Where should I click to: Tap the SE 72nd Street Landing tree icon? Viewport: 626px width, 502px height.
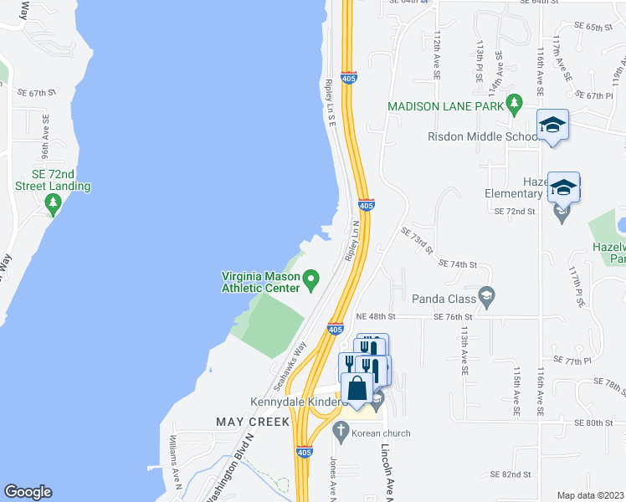point(54,202)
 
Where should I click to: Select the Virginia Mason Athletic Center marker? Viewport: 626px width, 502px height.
point(311,277)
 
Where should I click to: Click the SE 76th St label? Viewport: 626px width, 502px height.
point(454,317)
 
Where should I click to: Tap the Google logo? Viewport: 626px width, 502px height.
point(28,491)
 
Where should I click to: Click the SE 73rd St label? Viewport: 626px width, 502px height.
point(417,241)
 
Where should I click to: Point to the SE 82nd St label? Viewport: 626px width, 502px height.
point(512,474)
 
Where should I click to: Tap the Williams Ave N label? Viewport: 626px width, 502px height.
point(177,453)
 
